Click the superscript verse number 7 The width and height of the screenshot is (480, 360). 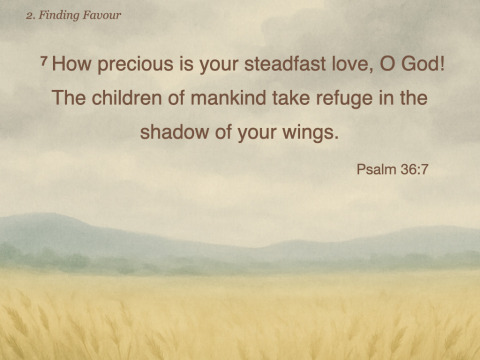tap(43, 61)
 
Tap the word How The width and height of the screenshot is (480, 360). tap(71, 64)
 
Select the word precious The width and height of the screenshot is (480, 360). tap(135, 66)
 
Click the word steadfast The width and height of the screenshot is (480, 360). tap(285, 64)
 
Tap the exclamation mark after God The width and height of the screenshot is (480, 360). tap(442, 64)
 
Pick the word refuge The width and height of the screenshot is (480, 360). tap(344, 100)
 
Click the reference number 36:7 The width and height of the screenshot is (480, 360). tap(414, 169)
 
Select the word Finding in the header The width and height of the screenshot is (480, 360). tap(59, 16)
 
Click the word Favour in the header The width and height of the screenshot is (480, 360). tap(102, 15)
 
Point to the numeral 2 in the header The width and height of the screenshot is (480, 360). tap(29, 16)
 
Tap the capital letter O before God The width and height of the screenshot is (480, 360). tap(387, 64)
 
